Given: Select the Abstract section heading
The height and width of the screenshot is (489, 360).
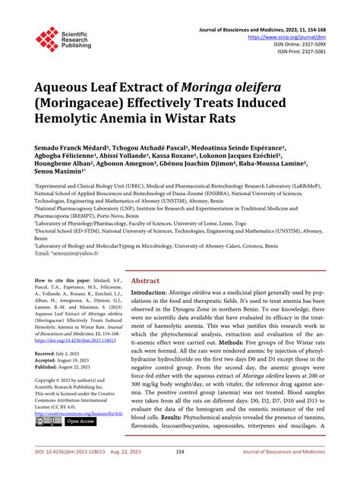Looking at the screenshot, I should [147, 279].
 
